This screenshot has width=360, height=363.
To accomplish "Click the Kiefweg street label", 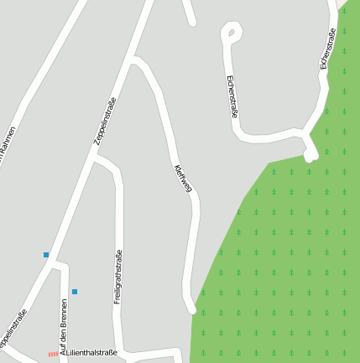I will pyautogui.click(x=182, y=179).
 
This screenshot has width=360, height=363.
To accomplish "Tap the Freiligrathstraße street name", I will pyautogui.click(x=118, y=277).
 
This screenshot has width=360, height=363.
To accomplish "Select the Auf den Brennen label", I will pyautogui.click(x=63, y=323).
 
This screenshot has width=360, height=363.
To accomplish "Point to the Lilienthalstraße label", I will pyautogui.click(x=88, y=355).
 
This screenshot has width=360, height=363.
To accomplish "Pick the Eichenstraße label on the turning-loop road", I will pyautogui.click(x=232, y=96).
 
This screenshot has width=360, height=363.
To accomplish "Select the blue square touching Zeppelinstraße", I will pyautogui.click(x=46, y=254).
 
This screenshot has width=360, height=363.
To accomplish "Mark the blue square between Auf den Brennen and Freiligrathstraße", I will pyautogui.click(x=75, y=292).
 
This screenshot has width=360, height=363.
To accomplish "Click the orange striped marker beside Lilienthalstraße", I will pyautogui.click(x=53, y=355).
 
